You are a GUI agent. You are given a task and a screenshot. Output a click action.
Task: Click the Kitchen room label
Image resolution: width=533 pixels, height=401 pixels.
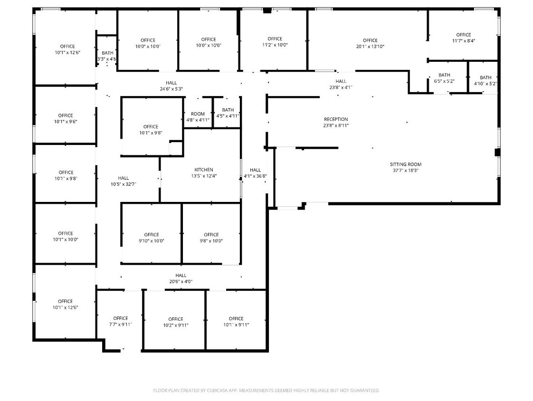204,170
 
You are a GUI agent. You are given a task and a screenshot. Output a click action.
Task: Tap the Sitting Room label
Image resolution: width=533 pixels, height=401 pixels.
406,164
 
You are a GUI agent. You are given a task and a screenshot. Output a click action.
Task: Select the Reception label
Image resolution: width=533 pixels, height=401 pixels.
336,119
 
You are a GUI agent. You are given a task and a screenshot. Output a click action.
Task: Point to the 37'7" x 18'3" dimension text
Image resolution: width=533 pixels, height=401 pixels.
406,171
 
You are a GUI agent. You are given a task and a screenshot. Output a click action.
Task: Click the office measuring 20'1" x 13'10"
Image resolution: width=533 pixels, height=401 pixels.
370,43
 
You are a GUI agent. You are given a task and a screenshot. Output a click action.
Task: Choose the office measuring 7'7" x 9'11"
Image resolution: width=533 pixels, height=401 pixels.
120,321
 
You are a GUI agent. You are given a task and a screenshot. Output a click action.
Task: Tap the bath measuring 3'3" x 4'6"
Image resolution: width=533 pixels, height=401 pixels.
107,56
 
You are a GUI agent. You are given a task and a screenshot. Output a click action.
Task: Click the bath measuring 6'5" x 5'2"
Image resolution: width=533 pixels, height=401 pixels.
444,78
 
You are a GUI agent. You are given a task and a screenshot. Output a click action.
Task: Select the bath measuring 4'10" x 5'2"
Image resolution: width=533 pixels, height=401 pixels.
485,81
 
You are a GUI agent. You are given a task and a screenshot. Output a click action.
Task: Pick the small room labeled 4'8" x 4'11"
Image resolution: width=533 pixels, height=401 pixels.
198,117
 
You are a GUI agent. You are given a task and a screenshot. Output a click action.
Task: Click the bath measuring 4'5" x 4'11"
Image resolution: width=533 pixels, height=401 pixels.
228,113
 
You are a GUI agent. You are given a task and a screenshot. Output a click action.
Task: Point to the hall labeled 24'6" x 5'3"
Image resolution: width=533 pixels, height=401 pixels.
171,86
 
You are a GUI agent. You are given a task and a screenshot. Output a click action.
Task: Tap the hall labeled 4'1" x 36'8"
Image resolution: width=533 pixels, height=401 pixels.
255,173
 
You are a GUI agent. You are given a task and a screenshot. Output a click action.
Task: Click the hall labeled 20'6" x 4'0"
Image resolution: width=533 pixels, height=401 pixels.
181,278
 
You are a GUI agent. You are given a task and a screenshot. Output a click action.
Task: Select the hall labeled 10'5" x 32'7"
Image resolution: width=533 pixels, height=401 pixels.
124,181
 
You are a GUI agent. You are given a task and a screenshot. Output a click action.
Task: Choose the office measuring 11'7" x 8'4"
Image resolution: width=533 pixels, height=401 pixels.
464,38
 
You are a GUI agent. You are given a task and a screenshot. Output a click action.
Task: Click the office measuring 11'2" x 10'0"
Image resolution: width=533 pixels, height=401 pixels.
275,42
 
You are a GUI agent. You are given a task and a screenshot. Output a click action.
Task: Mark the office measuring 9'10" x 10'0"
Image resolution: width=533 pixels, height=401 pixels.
151,238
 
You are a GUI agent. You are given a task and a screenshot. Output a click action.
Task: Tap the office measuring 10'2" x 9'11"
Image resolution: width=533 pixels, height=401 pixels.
176,322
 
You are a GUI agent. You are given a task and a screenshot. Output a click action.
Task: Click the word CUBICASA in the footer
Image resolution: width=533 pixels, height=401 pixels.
218,391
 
